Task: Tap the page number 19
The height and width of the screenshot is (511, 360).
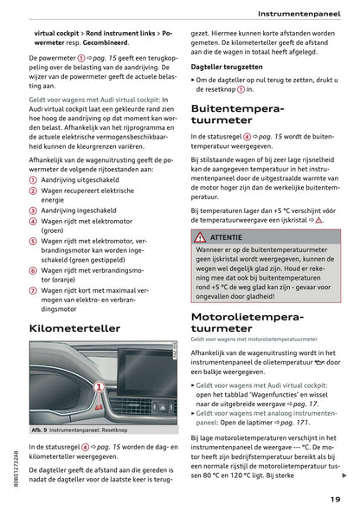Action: point(334,497)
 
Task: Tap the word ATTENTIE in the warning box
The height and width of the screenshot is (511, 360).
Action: point(227,236)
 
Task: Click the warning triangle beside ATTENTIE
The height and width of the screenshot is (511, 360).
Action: point(200,236)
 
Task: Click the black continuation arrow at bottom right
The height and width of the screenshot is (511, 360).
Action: point(344,475)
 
